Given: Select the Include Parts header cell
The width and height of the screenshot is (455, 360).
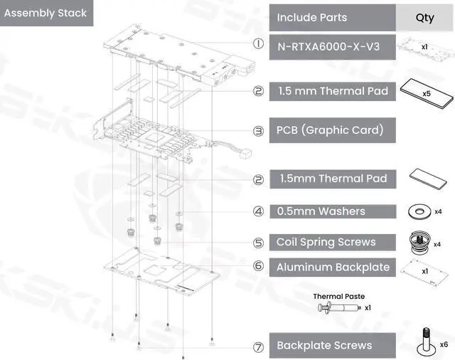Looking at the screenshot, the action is pos(311,17).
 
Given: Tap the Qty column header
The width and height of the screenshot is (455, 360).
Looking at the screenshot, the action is pos(424,17).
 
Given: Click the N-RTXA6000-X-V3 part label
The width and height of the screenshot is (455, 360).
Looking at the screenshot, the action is pos(328,48).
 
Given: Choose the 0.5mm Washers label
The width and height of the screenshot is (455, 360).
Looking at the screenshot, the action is pos(322,211).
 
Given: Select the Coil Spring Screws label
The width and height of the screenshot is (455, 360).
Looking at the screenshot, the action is pos(326,242).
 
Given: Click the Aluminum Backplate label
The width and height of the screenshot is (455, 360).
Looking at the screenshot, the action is pos(333,268).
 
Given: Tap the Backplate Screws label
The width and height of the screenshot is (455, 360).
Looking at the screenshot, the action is pos(323,346).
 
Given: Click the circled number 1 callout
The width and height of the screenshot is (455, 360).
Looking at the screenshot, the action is pos(259,43).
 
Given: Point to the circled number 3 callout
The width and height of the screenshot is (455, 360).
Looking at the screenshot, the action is pos(259,131).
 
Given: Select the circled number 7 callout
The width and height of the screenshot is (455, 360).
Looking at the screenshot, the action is pos(259,349).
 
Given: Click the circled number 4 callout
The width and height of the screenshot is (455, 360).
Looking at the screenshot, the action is pos(259,211).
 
